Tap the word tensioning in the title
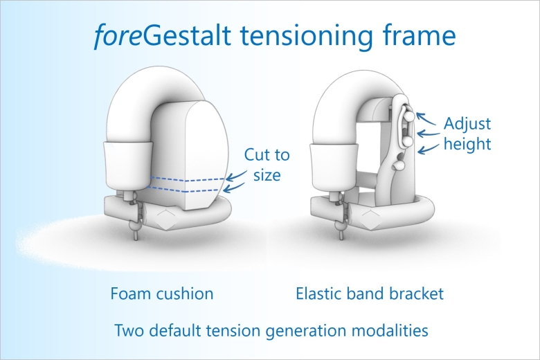pos(306,35)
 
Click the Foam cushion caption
pos(162,294)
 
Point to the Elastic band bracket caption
pos(370,294)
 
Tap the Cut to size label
pos(267,165)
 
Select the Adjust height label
pos(467,134)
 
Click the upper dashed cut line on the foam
pos(188,179)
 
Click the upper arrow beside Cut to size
pos(236,176)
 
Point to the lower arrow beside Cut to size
pos(234,188)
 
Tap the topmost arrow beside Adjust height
pos(426,118)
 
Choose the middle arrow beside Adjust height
pos(429,134)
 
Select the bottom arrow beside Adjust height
pos(429,149)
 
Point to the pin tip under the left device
pos(136,237)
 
